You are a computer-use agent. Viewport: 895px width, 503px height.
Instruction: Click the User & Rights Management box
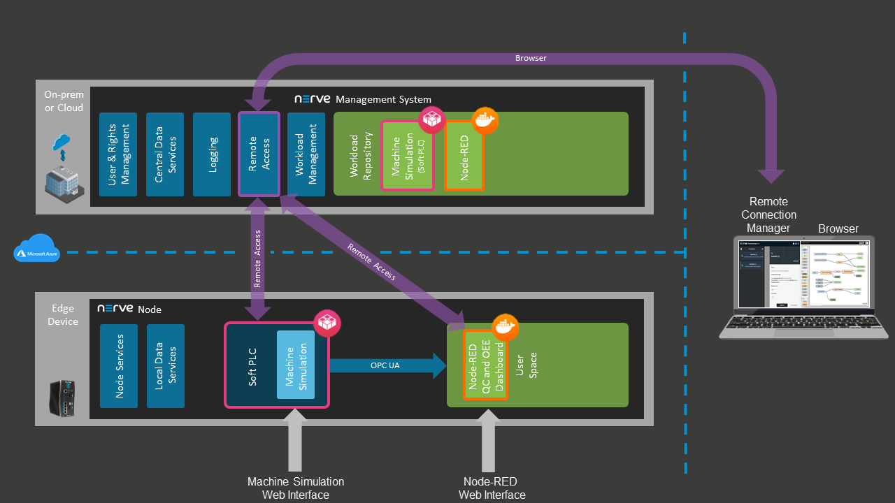[117, 154]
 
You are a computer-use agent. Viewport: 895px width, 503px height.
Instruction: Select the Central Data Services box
[165, 154]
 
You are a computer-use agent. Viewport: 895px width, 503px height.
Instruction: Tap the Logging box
[212, 154]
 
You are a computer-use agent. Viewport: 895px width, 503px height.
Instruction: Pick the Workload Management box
[306, 154]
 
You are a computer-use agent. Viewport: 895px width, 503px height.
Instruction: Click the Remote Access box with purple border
[259, 154]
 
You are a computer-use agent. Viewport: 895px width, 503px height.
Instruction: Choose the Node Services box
[119, 366]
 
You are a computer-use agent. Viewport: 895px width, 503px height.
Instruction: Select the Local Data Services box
[166, 366]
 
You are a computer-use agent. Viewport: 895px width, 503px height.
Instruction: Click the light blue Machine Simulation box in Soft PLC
[295, 365]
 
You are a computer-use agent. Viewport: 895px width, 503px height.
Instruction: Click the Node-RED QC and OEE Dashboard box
[485, 365]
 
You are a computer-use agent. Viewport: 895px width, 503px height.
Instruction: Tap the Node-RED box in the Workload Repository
[464, 156]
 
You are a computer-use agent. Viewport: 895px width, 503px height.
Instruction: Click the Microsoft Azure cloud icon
[36, 249]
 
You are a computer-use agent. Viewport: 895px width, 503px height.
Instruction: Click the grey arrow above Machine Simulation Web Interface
[296, 440]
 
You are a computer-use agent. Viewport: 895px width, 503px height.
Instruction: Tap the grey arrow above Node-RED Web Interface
[487, 440]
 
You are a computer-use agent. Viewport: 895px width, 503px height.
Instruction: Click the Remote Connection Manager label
[768, 214]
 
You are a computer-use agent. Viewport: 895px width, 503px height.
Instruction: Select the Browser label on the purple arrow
[531, 58]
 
